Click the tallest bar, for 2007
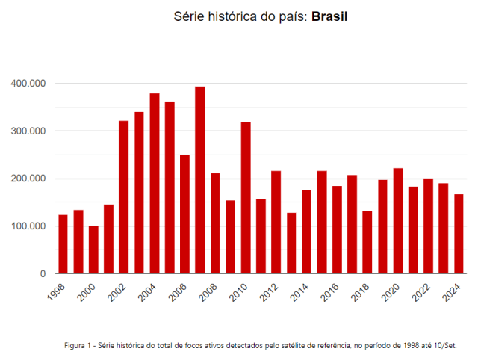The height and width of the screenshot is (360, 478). [199, 180]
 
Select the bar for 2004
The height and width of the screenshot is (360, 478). [154, 184]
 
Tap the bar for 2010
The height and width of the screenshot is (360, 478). [245, 198]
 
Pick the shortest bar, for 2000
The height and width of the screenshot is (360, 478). [93, 249]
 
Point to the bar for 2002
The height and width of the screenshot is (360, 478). [123, 197]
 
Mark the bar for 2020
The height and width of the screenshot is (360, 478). [397, 221]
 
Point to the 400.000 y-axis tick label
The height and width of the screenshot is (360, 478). [28, 84]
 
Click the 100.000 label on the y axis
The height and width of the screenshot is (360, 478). [28, 226]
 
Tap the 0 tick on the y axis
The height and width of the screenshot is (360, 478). [43, 274]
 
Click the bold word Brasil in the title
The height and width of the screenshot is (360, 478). [330, 16]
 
